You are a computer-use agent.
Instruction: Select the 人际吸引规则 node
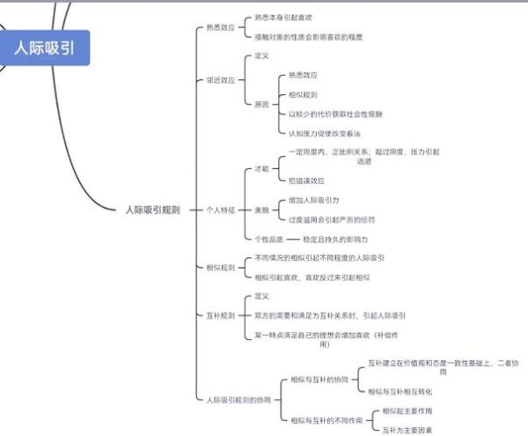152,210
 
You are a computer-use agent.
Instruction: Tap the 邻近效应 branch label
220,79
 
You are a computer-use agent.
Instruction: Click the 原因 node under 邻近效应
261,104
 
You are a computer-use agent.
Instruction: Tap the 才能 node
261,167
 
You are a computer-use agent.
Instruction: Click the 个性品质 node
268,239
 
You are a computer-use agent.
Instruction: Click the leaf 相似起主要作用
407,410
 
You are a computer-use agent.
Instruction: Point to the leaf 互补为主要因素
407,430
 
